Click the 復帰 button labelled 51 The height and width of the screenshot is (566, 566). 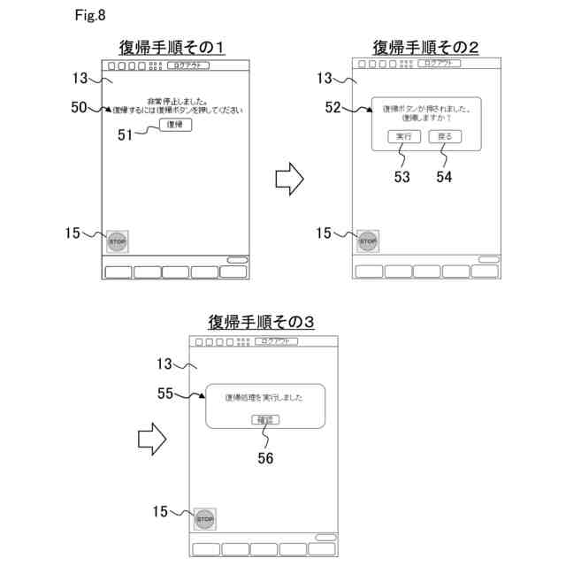coord(176,126)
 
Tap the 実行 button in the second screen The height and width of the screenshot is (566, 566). coord(403,137)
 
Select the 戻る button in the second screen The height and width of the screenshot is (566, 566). coord(445,137)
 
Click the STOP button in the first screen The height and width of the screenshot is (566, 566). coord(118,241)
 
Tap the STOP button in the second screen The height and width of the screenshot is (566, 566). coord(368,241)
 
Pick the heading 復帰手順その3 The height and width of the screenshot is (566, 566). coord(262,321)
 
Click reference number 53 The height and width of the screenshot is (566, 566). coord(403,176)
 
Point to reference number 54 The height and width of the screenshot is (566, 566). coord(445,176)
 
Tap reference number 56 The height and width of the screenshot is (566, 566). coord(264,458)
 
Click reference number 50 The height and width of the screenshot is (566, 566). coord(79,107)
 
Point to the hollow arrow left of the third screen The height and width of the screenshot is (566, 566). coord(152,438)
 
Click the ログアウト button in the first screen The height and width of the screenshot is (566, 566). coord(187,65)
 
